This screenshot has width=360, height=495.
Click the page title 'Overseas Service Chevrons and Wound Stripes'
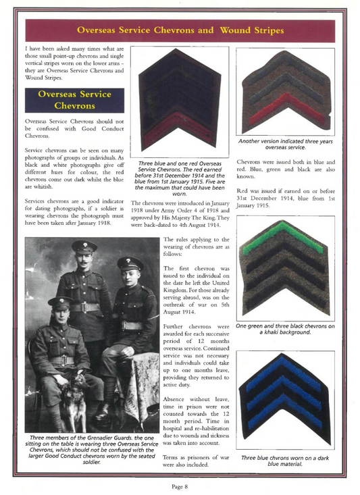click(180, 30)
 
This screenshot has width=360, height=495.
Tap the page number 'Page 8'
click(179, 486)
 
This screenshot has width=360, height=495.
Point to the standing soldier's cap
click(84, 246)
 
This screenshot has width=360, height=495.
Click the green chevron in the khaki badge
click(283, 237)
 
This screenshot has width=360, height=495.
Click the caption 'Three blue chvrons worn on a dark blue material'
click(284, 461)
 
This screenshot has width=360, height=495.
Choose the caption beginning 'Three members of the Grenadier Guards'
click(93, 450)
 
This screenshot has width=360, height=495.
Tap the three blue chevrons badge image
click(284, 398)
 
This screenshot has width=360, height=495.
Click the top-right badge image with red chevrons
click(284, 91)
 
